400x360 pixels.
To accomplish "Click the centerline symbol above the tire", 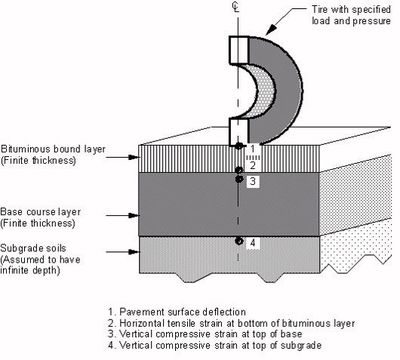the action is (x=237, y=7).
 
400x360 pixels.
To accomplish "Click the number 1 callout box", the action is (x=253, y=148).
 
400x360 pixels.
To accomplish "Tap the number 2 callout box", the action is (x=253, y=165).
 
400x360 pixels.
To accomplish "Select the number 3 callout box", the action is (x=253, y=181).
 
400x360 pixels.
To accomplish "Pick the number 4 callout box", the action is (x=253, y=243).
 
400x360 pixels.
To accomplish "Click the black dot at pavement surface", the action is (x=238, y=146).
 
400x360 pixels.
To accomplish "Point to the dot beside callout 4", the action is (x=238, y=241).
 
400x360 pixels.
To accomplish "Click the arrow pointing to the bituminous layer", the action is (x=122, y=157).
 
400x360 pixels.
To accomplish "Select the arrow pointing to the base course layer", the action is (x=122, y=215).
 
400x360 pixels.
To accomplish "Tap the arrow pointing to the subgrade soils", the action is (x=122, y=252).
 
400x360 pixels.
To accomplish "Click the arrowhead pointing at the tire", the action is (x=271, y=30).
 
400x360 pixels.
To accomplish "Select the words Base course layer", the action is (x=40, y=212).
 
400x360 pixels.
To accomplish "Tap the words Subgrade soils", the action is (x=33, y=248).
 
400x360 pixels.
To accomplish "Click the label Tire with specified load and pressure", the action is (x=351, y=15).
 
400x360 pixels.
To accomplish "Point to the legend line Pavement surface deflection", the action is (x=177, y=312).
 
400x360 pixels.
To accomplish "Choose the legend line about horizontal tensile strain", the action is (x=231, y=323).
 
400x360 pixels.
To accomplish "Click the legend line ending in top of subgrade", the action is (x=215, y=345).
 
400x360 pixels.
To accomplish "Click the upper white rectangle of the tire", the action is (x=239, y=50).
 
